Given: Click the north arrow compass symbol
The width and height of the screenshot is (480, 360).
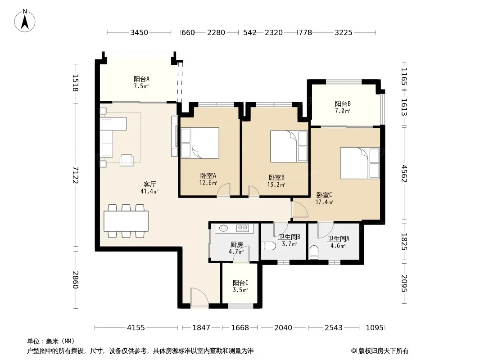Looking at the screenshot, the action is pyautogui.click(x=25, y=21).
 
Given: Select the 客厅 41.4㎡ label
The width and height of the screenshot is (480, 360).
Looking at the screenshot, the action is pyautogui.click(x=149, y=188).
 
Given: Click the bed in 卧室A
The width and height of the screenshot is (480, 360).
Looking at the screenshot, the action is pyautogui.click(x=199, y=143).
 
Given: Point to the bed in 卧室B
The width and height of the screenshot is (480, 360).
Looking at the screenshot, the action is pyautogui.click(x=289, y=146).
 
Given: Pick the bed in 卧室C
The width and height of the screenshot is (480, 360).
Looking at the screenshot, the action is pyautogui.click(x=360, y=163).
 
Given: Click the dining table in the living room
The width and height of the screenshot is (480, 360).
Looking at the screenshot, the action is pyautogui.click(x=126, y=221).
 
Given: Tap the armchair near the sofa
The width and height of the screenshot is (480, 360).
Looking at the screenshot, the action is pyautogui.click(x=127, y=160).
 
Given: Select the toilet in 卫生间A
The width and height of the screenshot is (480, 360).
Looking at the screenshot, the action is pyautogui.click(x=314, y=252).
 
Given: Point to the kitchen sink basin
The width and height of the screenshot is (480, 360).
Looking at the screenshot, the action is pyautogui.click(x=224, y=228).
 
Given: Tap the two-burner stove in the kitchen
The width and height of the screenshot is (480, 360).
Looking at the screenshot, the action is pyautogui.click(x=243, y=228).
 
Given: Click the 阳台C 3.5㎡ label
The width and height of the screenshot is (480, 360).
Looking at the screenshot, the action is pyautogui.click(x=240, y=286).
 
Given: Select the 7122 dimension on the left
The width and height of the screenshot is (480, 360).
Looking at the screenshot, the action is pyautogui.click(x=76, y=175).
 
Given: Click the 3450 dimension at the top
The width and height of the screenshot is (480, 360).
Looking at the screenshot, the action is pyautogui.click(x=139, y=32).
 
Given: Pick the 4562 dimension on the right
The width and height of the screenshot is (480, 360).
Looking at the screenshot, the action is pyautogui.click(x=404, y=173).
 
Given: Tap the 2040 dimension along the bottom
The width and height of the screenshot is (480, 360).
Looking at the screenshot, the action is pyautogui.click(x=283, y=328).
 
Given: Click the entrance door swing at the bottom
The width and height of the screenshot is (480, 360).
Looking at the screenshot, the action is pyautogui.click(x=197, y=296).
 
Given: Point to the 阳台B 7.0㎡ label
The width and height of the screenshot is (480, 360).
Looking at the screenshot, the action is pyautogui.click(x=343, y=107).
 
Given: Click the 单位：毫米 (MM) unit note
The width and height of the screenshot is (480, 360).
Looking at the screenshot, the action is pyautogui.click(x=51, y=342).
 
